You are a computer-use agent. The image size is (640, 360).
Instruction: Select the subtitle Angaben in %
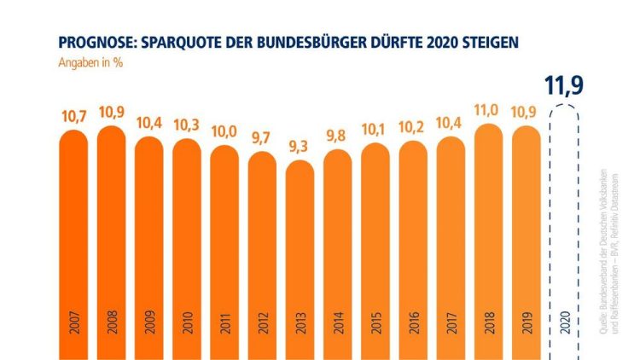click(90, 63)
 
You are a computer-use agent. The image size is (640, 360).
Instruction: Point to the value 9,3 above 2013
click(300, 147)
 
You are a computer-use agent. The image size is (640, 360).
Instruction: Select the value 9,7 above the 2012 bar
click(263, 136)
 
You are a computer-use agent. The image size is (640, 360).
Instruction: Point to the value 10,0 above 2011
click(225, 131)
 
